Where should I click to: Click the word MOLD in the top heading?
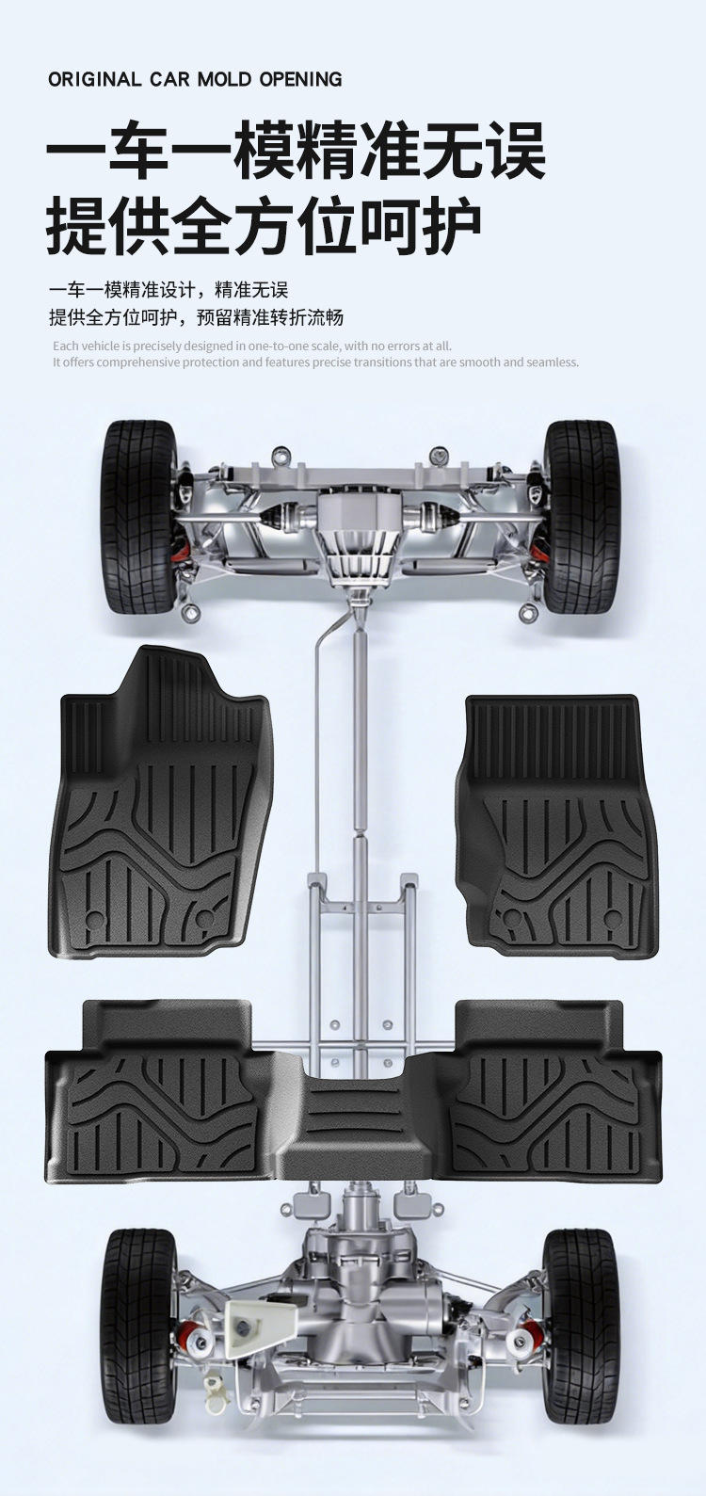(224, 79)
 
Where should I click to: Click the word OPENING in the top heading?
(300, 79)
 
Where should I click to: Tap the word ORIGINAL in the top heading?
(94, 79)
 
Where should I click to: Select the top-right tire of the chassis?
(581, 516)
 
